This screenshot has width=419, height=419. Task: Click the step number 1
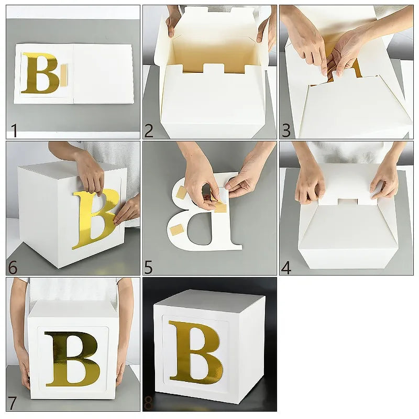[x=14, y=130]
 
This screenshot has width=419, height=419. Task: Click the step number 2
[x=149, y=130]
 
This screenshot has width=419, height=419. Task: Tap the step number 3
[x=286, y=130]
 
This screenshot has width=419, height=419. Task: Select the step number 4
[x=286, y=267]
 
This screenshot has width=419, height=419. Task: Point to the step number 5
[x=149, y=267]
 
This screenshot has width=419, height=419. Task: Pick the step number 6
[x=13, y=267]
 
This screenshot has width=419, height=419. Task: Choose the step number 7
[x=13, y=403]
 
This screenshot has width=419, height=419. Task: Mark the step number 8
[x=149, y=403]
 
